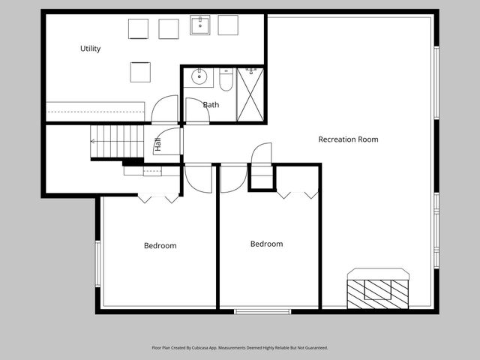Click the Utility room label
(91, 49)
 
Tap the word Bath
(211, 105)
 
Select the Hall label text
(157, 145)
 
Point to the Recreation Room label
(348, 139)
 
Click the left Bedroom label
(160, 246)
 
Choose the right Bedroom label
(266, 244)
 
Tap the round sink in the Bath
(199, 76)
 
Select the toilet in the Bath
(226, 79)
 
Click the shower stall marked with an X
(250, 94)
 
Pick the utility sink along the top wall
(200, 26)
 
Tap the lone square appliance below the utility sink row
(140, 72)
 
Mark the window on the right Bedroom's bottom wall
(262, 311)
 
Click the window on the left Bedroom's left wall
(97, 263)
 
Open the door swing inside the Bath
(196, 110)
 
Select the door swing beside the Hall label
(169, 142)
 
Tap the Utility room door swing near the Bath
(164, 110)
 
